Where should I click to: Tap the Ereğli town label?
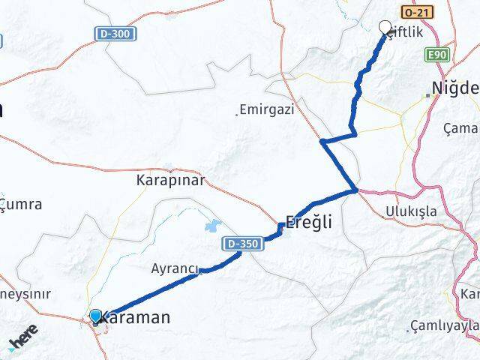coord(307,223)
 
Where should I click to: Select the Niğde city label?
coord(456,85)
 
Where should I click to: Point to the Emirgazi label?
coord(268,109)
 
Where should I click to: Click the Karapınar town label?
coord(169,181)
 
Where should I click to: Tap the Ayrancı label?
coord(175,268)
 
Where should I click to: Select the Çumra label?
coord(21,204)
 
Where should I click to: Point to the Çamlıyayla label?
coord(445,326)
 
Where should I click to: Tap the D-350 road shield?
coord(240,244)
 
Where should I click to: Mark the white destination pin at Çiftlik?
coord(386,28)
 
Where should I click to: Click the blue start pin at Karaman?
coord(96,316)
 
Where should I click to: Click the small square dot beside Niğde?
coord(428,95)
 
